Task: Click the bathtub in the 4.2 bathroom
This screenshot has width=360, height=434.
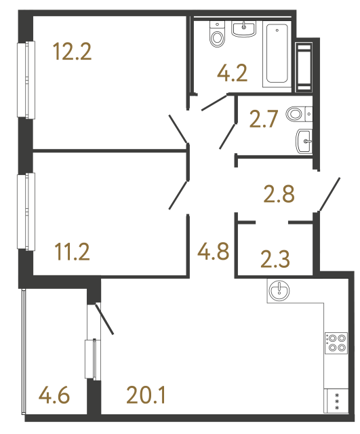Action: click(276, 54)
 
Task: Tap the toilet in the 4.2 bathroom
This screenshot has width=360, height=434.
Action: click(218, 35)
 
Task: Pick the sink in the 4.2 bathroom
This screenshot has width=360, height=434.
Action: click(244, 28)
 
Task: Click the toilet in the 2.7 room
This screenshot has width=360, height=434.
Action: click(297, 114)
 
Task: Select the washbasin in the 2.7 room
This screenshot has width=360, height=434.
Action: click(304, 142)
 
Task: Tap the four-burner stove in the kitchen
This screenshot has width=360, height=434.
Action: click(336, 342)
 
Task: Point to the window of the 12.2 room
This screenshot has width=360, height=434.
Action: click(28, 80)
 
